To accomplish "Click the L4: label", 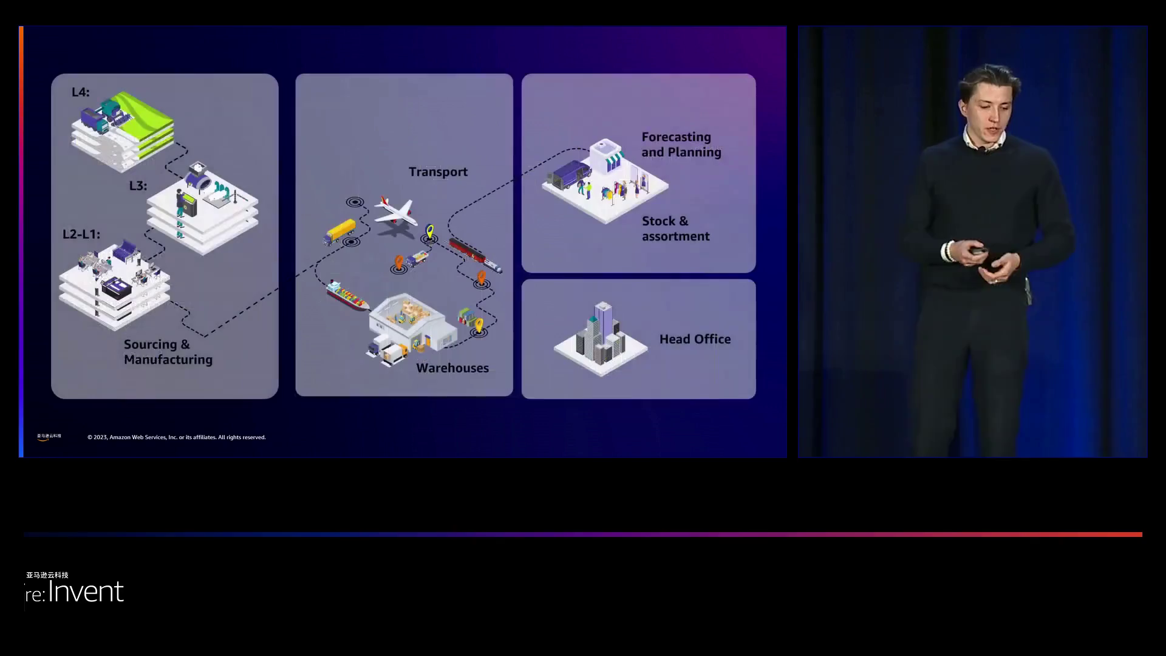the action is [x=80, y=92].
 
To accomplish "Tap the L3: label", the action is [x=138, y=186].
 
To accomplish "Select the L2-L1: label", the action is [x=81, y=234].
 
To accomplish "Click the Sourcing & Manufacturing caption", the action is [x=168, y=352].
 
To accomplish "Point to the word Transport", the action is [x=438, y=172].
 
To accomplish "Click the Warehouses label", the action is [x=452, y=368].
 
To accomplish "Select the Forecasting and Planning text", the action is [x=681, y=145].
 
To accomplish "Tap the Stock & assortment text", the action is [x=675, y=229].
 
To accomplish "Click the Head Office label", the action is [x=695, y=340].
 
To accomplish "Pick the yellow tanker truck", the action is [x=339, y=231].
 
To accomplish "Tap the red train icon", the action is [x=475, y=255].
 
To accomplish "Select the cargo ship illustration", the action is [x=347, y=295].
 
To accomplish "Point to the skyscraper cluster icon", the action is [x=601, y=334].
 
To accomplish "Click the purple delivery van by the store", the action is [x=570, y=174].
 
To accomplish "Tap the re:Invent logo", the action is [x=75, y=590].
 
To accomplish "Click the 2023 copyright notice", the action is [x=176, y=437].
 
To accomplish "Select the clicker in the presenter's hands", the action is [x=978, y=251].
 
